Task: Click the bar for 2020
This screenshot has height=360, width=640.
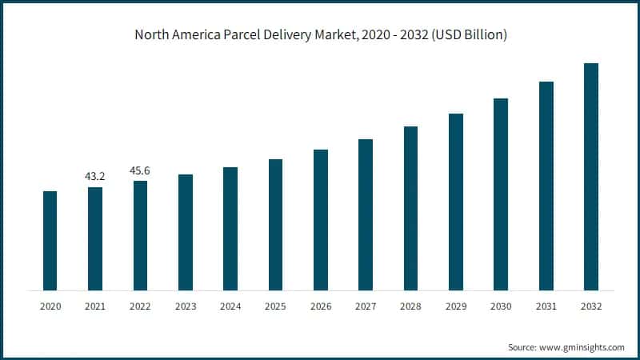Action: (50, 241)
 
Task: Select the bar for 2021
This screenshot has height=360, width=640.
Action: (95, 238)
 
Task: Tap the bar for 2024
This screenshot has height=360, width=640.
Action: (230, 229)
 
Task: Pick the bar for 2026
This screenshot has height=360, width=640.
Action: (321, 220)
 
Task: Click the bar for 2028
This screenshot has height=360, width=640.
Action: (411, 208)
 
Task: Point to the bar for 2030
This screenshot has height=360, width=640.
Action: (501, 194)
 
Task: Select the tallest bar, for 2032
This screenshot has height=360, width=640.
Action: (591, 177)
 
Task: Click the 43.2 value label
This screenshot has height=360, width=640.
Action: (95, 176)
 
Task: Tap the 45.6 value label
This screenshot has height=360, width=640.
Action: (140, 170)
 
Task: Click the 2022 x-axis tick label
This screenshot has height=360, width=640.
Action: (140, 306)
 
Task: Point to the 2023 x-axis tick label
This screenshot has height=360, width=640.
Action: (186, 306)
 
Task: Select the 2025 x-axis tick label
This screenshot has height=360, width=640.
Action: (275, 306)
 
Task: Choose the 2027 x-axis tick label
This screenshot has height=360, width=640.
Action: (366, 306)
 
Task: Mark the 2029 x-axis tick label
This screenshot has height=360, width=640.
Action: (456, 306)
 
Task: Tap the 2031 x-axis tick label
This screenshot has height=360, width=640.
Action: (546, 306)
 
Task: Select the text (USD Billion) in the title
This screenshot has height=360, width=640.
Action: (466, 35)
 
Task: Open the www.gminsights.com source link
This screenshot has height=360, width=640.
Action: (582, 347)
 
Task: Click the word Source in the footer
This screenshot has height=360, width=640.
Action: (522, 347)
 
